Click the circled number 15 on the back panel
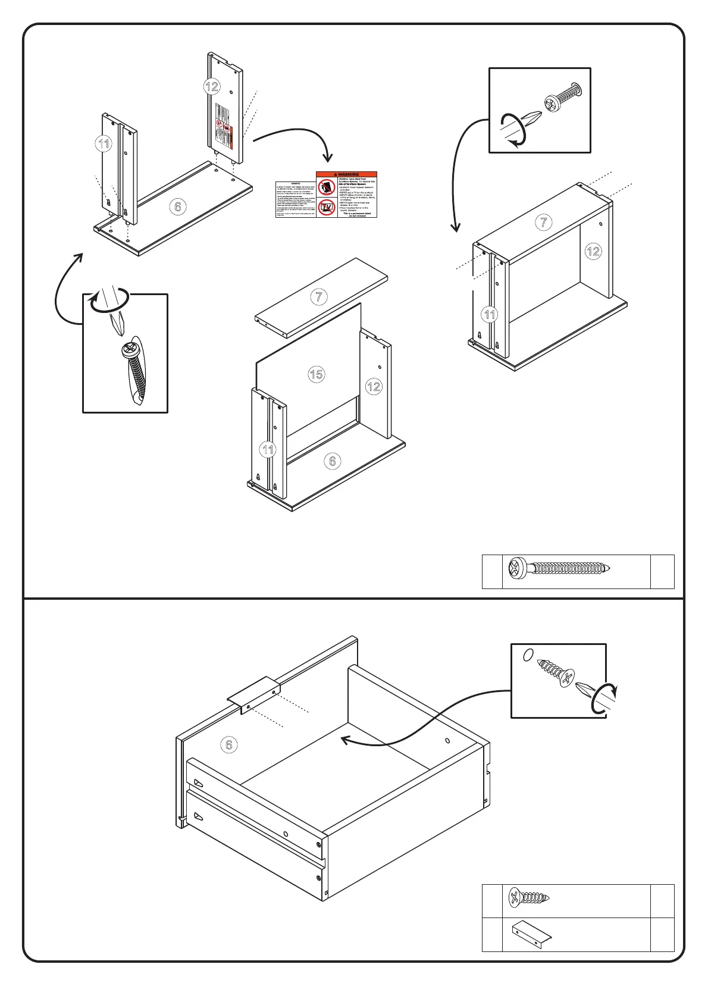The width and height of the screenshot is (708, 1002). (x=317, y=374)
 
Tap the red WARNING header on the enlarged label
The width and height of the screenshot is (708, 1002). (x=346, y=174)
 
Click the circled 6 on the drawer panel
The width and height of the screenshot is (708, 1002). (x=229, y=744)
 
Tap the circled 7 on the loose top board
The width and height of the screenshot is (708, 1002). (x=319, y=296)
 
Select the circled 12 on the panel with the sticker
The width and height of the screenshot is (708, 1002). (x=212, y=86)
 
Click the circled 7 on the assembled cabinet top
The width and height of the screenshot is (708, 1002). (x=544, y=223)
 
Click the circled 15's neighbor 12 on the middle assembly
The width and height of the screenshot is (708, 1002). (x=374, y=387)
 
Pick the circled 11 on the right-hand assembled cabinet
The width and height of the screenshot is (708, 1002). (x=490, y=314)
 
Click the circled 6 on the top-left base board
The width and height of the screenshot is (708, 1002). (x=177, y=206)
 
